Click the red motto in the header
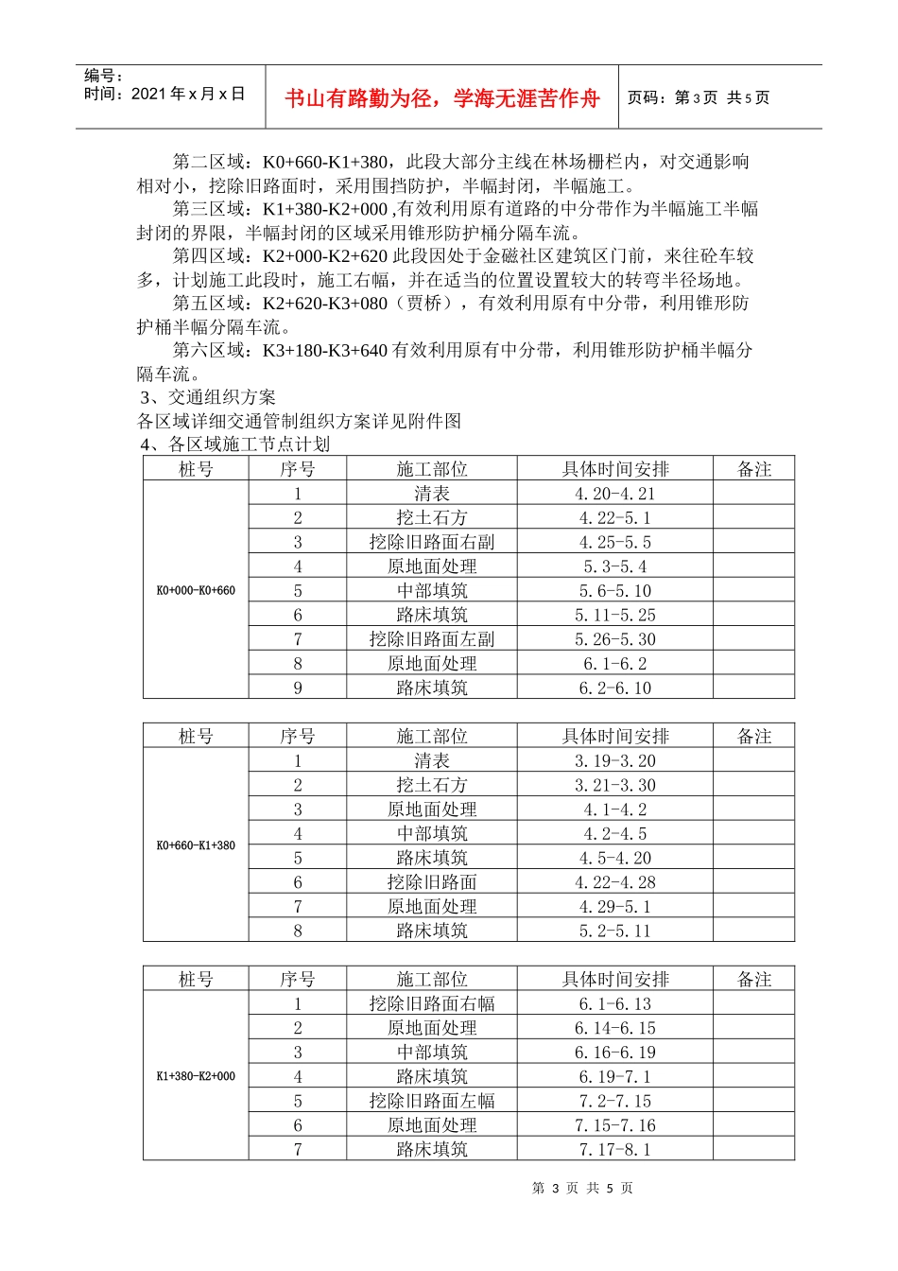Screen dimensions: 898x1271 tap(442, 98)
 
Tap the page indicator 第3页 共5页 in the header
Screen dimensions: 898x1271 tap(699, 97)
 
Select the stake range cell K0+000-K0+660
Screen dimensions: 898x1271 tap(196, 591)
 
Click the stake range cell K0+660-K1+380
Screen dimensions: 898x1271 tap(196, 845)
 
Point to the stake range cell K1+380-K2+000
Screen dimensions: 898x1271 tap(196, 1076)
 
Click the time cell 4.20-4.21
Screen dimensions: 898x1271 tap(614, 494)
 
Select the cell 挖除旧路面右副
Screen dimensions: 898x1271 tap(432, 542)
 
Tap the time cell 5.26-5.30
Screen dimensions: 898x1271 tap(614, 639)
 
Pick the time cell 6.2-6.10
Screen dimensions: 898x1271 tap(614, 688)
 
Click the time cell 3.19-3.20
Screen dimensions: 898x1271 tap(614, 761)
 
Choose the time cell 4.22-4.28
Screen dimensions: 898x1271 tap(614, 882)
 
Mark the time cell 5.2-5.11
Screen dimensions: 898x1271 tap(614, 931)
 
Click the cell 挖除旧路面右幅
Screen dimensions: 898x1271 tap(432, 1004)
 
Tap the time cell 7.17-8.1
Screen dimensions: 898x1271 tap(614, 1150)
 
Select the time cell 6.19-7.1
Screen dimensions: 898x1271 tap(614, 1077)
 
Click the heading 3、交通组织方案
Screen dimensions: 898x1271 tap(208, 397)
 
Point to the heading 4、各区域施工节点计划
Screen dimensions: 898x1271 tap(235, 444)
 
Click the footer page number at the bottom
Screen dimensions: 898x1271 tap(582, 1189)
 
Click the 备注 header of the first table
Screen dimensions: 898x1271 tap(754, 469)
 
